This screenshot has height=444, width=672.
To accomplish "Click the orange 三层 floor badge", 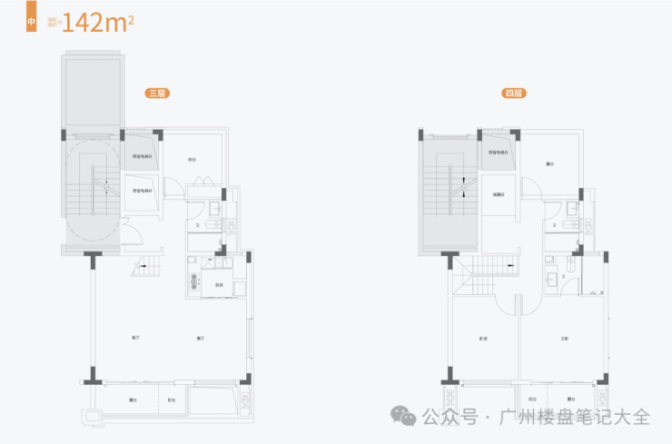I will [x=160, y=93].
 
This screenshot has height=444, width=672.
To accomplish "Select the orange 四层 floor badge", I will [x=514, y=93].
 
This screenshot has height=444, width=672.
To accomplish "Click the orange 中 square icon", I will [x=32, y=20].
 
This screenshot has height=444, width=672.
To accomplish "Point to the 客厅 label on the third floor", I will [x=134, y=338].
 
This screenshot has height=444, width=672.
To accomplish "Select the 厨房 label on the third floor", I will [x=220, y=286].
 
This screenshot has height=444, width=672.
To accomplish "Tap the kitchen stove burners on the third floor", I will [x=193, y=277].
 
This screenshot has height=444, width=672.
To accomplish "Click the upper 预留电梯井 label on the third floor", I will [x=142, y=156].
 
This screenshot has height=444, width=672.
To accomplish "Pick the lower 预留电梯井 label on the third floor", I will [x=142, y=190].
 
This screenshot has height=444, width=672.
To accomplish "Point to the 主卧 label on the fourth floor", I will [x=565, y=339].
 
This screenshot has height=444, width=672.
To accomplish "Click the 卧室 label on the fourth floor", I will [x=483, y=339].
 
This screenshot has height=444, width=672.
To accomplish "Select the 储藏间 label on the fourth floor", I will [x=498, y=193].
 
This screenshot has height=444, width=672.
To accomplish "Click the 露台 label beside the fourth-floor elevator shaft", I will [x=550, y=164].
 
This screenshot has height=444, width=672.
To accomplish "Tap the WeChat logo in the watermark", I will [x=405, y=416].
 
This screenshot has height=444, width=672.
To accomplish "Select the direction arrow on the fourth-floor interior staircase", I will [x=512, y=266].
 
